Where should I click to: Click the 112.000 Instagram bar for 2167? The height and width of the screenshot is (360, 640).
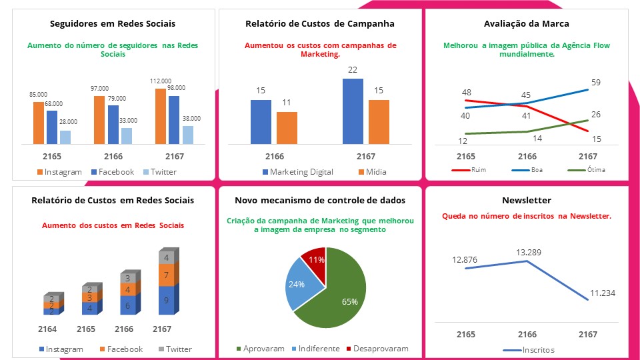click(x=160, y=116)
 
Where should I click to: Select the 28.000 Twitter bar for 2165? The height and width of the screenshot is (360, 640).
click(x=65, y=137)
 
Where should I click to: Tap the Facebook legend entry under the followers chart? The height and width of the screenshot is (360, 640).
click(x=113, y=172)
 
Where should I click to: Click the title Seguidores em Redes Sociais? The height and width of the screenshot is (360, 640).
click(x=113, y=24)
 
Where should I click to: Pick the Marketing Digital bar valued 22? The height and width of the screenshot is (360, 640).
click(x=353, y=111)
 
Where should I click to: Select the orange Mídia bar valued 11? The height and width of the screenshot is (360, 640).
click(x=287, y=127)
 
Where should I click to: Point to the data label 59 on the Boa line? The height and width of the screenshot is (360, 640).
click(x=595, y=83)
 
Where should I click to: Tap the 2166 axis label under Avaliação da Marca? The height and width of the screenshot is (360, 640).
click(x=527, y=157)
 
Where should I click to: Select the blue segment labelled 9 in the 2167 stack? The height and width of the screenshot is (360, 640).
click(x=166, y=300)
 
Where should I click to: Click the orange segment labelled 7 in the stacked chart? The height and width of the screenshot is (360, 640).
click(x=166, y=275)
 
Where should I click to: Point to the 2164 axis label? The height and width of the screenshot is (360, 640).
click(x=47, y=329)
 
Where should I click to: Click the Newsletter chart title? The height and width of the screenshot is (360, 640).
click(x=527, y=200)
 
